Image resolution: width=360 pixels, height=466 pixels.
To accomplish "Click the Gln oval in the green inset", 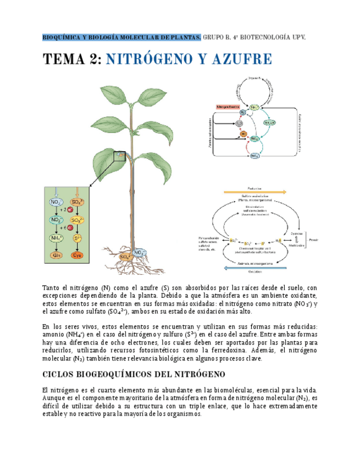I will click(56, 255).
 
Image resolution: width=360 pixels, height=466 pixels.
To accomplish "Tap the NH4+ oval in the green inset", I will click(56, 238).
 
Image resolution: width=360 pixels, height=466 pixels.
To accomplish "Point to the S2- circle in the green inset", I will click(78, 238).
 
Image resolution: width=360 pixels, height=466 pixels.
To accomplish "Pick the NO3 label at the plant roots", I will click(141, 252).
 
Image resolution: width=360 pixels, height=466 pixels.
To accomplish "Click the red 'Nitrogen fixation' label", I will click(229, 107).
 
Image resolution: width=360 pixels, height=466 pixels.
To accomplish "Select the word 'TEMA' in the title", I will click(64, 59).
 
